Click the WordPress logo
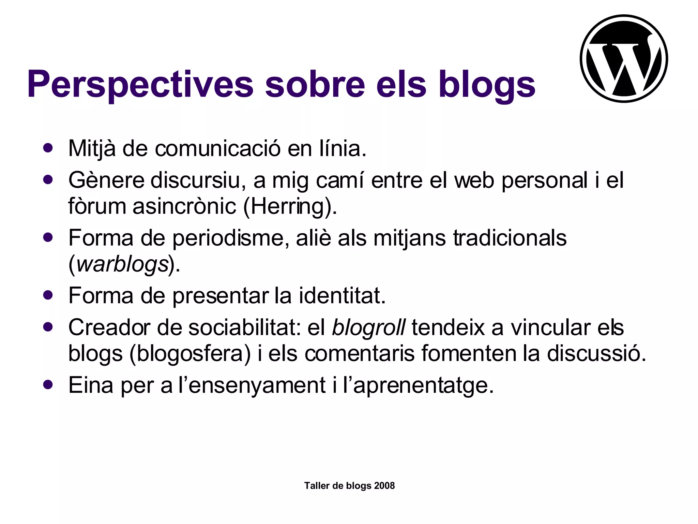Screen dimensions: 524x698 (x=624, y=58)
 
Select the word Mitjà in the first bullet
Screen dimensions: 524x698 (x=92, y=149)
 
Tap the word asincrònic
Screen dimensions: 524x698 (x=184, y=206)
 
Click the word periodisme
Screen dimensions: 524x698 (x=228, y=238)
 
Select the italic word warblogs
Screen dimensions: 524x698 (x=123, y=264)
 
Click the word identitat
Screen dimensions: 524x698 (x=342, y=295)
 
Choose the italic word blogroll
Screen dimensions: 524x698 (x=368, y=327)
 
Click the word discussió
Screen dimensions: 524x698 (x=596, y=353)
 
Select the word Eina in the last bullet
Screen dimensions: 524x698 (x=91, y=385)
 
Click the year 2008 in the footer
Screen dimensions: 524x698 (x=384, y=486)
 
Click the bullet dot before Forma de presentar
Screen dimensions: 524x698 (x=48, y=295)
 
